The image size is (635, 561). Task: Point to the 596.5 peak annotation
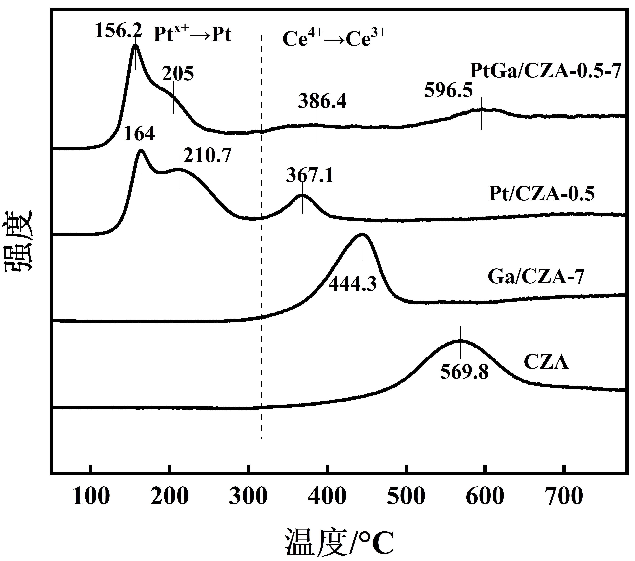[x=448, y=91]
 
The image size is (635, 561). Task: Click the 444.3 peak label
[x=353, y=284]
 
